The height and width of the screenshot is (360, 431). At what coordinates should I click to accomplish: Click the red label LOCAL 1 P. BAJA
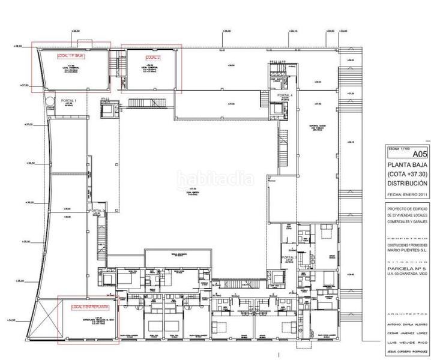[70, 55]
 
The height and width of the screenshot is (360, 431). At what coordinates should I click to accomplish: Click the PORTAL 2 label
[98, 211]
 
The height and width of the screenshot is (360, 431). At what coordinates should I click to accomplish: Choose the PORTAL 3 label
[288, 258]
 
